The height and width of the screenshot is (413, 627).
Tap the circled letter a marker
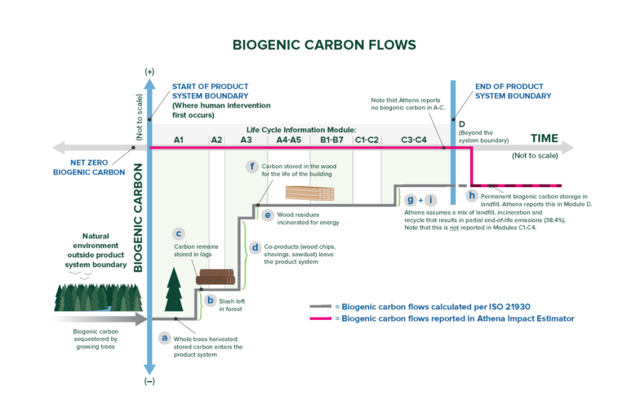click(164, 337)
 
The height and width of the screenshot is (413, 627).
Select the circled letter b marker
click(211, 300)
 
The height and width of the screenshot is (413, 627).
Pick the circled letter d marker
click(256, 246)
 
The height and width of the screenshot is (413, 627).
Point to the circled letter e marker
click(267, 215)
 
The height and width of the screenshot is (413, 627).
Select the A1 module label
click(179, 140)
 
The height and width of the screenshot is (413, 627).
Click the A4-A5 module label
click(289, 140)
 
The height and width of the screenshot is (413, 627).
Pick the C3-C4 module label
click(414, 140)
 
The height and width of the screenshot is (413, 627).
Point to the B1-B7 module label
click(331, 140)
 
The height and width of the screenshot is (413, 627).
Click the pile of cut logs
click(216, 278)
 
